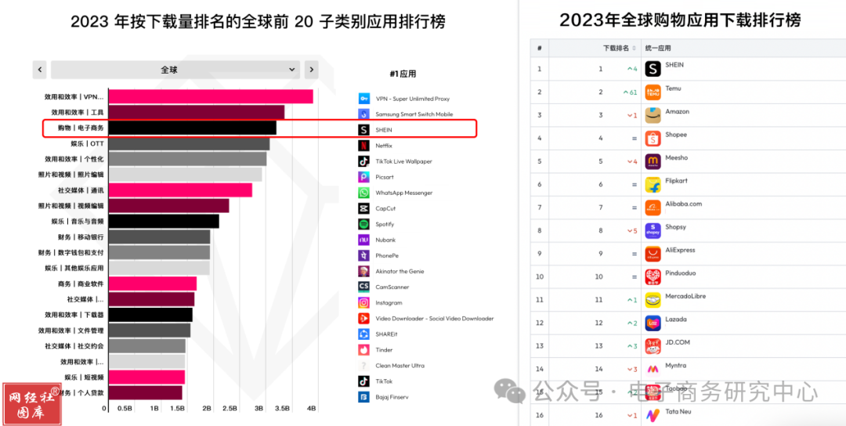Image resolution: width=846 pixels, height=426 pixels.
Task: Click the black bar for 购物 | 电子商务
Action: (192, 128)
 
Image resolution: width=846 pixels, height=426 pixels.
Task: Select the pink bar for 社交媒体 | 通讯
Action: (180, 190)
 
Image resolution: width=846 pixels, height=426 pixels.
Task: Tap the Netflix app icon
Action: (363, 146)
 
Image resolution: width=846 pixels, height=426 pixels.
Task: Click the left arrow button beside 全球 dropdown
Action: (39, 70)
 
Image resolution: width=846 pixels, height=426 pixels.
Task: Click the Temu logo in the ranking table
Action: (653, 92)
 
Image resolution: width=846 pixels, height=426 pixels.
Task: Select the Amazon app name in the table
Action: (678, 112)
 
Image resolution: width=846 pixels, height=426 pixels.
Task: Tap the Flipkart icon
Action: (653, 185)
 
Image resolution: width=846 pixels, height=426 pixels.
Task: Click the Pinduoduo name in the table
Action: (680, 274)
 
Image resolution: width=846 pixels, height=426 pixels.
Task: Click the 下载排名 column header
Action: (616, 49)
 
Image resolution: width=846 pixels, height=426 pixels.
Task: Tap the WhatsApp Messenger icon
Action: (363, 193)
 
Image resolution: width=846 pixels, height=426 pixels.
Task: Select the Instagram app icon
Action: (363, 302)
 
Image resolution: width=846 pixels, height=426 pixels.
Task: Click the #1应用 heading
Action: (403, 74)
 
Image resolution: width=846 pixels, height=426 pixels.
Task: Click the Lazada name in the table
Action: (677, 319)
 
